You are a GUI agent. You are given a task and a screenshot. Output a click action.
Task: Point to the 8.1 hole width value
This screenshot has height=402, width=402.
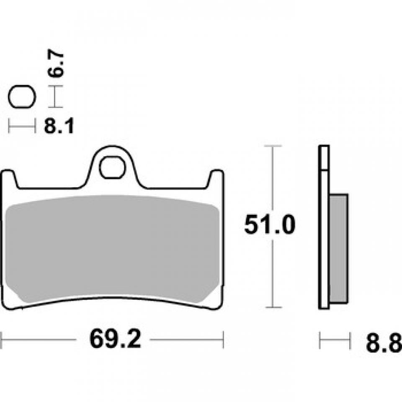59,126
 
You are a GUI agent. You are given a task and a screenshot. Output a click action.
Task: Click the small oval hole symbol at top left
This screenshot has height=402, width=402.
22,97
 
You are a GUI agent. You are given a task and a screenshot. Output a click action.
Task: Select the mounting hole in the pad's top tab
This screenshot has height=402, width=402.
112,167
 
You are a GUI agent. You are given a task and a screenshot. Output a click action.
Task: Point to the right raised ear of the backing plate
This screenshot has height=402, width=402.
216,178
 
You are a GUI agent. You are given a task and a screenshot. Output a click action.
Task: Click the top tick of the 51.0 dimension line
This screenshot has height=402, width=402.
273,146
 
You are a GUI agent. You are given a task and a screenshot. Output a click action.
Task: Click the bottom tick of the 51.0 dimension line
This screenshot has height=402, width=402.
273,308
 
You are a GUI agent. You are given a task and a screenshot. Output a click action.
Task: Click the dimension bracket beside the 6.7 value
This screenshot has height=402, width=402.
56,96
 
